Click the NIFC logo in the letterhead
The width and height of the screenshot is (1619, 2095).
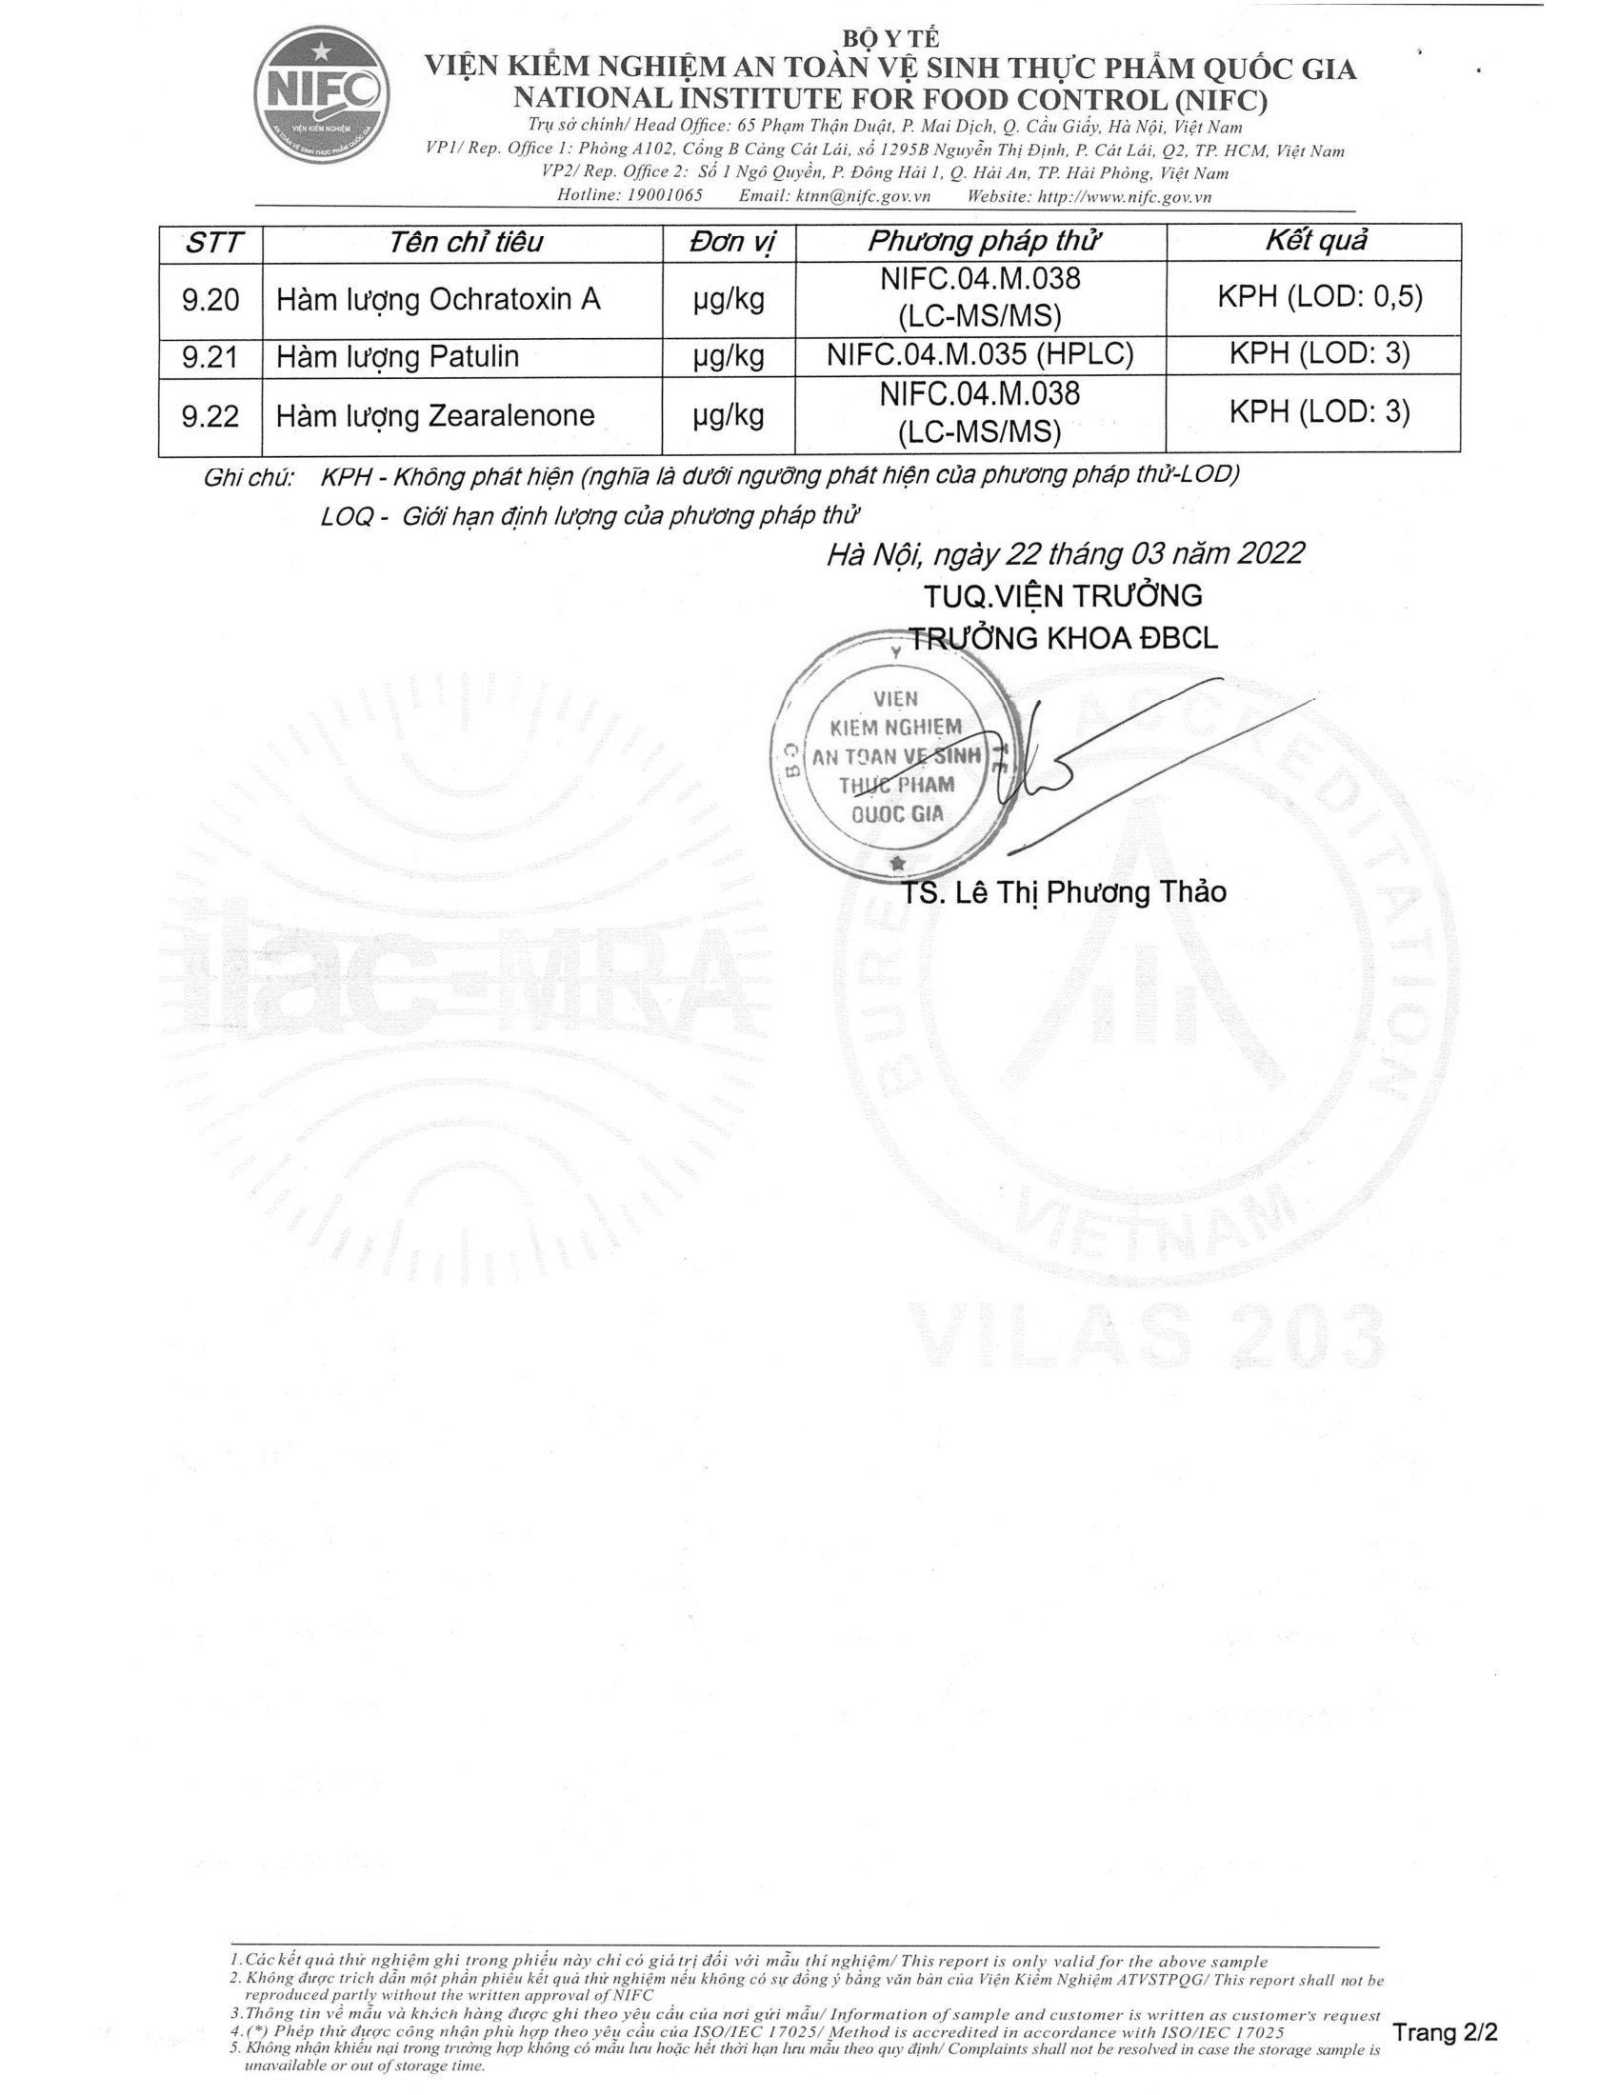coord(322,94)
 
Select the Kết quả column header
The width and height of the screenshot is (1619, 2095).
coord(1315,241)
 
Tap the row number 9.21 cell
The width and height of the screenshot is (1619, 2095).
coord(210,358)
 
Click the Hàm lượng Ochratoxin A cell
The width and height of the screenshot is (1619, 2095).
coord(438,300)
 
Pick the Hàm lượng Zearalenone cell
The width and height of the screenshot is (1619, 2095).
coord(435,416)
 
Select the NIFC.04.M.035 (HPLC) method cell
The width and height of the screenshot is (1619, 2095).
coord(979,355)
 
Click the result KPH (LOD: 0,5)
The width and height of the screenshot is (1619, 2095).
coord(1320,297)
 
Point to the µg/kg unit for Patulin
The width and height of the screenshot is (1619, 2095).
coord(729,357)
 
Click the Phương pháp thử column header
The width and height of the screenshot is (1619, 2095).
coord(981,242)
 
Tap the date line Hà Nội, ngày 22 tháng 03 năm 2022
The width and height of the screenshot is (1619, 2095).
coord(1065,554)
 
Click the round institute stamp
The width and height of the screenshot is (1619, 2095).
coord(895,758)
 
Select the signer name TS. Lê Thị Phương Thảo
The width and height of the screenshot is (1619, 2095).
coord(1064,892)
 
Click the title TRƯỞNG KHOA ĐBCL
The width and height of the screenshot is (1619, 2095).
coord(1064,639)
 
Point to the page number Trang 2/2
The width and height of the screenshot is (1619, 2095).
coord(1445,2032)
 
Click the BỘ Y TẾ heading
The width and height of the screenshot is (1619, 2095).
coord(890,38)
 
